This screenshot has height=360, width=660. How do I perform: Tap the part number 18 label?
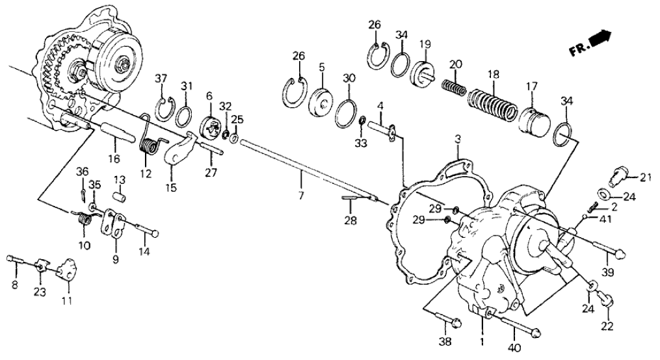(495, 75)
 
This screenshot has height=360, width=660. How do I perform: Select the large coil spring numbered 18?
(494, 104)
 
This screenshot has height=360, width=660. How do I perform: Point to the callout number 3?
(458, 138)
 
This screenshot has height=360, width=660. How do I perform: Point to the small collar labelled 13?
(119, 195)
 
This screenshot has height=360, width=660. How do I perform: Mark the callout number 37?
(161, 79)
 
